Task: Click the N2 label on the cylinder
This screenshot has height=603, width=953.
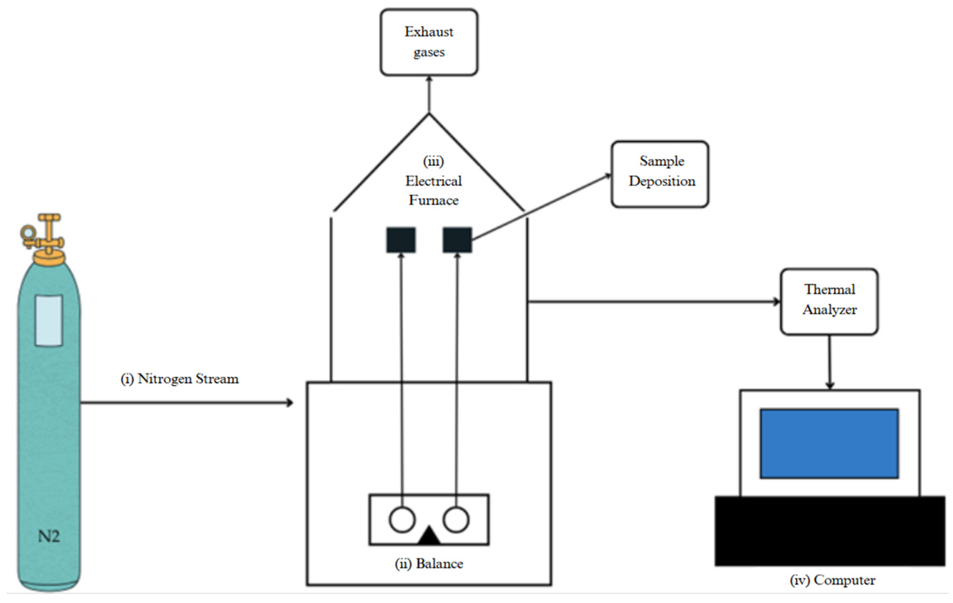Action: [x=49, y=536]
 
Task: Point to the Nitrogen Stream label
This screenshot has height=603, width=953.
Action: [x=180, y=379]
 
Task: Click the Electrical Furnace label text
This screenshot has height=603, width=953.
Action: [x=434, y=190]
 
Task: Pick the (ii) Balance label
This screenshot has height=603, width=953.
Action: [x=429, y=564]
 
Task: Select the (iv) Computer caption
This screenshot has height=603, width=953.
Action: [x=833, y=580]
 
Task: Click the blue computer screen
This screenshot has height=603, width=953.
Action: [x=829, y=444]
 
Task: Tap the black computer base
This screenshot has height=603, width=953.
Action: [x=830, y=531]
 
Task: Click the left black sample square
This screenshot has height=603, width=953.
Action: [x=401, y=240]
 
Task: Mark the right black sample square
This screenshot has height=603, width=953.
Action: [x=457, y=240]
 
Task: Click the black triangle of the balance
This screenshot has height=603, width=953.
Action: [x=429, y=536]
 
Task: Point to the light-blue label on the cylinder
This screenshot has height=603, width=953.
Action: [x=49, y=320]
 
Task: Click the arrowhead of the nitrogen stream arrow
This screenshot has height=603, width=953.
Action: [x=290, y=403]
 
